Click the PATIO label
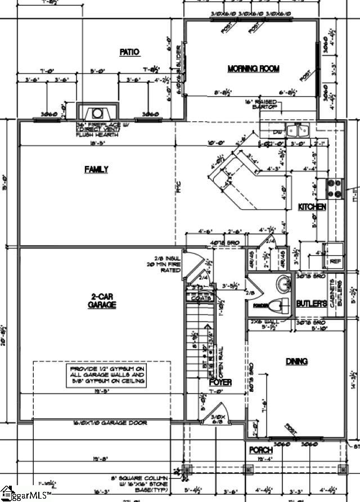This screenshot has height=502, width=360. tap(129, 52)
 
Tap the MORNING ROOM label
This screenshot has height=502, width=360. tap(253, 69)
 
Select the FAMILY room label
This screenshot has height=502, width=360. tap(96, 169)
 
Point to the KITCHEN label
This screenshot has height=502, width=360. tap(312, 207)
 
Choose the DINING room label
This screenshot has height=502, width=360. tap(296, 361)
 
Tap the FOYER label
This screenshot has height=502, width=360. tap(224, 382)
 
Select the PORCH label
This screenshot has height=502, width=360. tap(261, 450)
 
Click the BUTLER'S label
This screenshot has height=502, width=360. tap(312, 304)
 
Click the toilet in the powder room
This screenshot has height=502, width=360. tap(277, 306)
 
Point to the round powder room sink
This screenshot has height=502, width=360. tap(282, 282)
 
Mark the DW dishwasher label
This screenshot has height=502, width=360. tap(276, 132)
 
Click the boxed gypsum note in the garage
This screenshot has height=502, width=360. tap(107, 375)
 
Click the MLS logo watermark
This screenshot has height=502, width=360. tap(25, 495)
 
